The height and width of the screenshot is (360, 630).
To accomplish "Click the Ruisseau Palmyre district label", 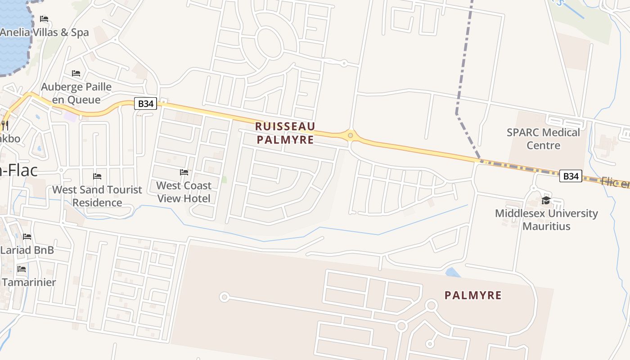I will (285, 133).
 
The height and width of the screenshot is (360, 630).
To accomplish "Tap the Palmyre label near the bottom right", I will (473, 295).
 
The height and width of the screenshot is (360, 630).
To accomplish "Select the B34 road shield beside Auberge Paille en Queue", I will (145, 104).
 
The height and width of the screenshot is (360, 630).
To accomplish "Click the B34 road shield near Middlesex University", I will (571, 176).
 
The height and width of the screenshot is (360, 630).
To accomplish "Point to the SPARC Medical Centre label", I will (543, 139).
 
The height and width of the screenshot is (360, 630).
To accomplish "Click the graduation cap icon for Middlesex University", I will (546, 200).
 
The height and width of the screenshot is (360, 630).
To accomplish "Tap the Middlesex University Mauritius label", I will (546, 220).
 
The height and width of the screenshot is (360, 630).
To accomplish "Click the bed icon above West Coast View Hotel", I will (184, 172).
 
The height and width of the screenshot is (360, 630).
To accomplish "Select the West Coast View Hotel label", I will (184, 192).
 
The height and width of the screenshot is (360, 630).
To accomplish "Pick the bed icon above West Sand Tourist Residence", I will (97, 176).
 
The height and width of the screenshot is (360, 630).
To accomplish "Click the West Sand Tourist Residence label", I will (97, 196).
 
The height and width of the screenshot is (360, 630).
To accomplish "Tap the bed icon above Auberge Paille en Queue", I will (76, 73).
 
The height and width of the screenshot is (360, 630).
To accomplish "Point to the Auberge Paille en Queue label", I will (76, 93).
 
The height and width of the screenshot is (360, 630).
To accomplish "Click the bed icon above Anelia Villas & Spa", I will (44, 19).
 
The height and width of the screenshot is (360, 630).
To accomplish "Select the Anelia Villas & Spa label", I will (45, 32).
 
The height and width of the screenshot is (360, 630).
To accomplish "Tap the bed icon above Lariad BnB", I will (27, 237).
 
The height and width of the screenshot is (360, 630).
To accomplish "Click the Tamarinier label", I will (29, 282).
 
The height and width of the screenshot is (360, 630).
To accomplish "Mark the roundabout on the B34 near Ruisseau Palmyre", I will (350, 135).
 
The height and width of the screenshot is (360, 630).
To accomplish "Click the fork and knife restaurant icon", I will (4, 124).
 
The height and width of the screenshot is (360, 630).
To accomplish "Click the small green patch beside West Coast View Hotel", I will (224, 179).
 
